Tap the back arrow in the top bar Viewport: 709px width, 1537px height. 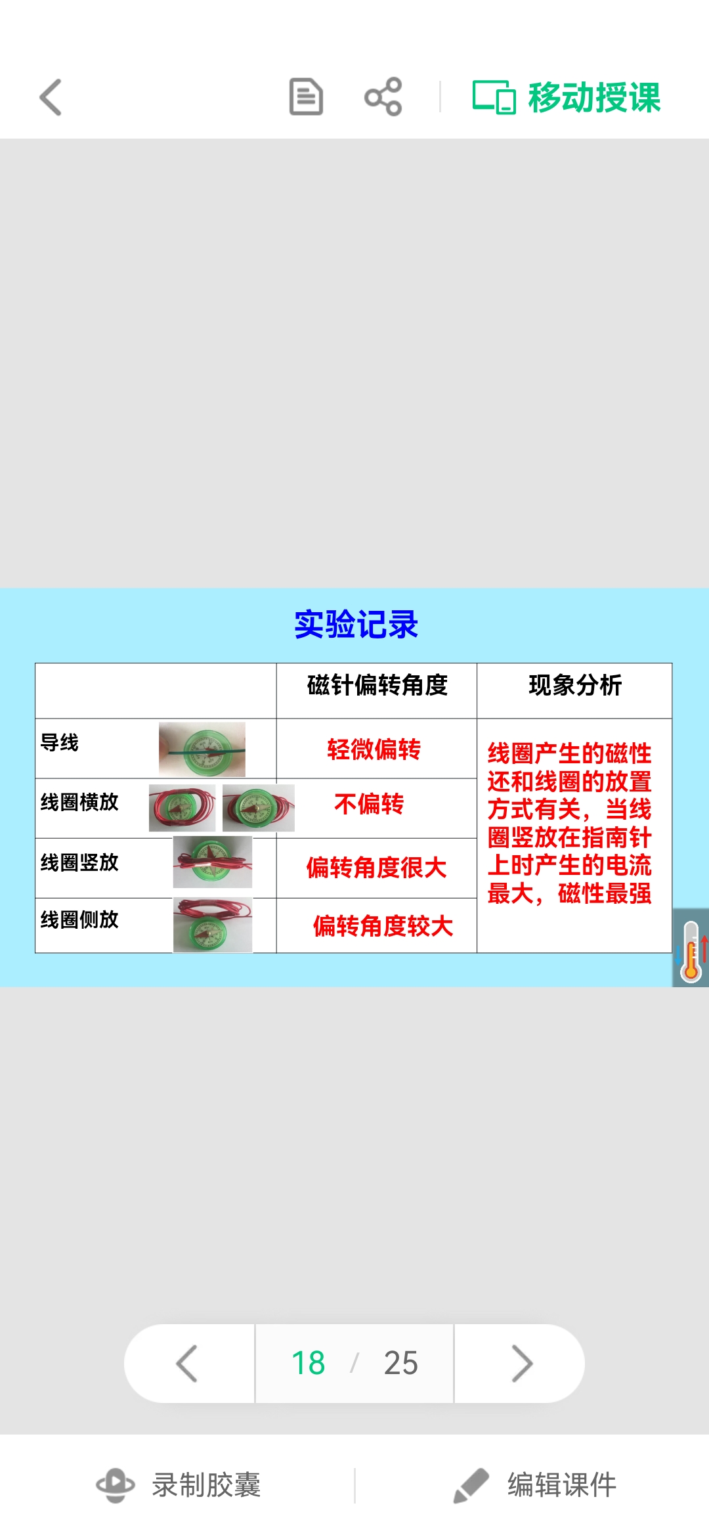click(51, 97)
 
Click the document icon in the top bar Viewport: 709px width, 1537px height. click(306, 97)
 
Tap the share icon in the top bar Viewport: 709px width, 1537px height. click(383, 97)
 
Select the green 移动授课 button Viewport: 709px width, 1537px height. click(567, 97)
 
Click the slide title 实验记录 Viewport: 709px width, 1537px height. click(356, 624)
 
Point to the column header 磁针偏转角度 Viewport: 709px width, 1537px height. click(377, 685)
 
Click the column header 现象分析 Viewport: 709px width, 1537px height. click(575, 685)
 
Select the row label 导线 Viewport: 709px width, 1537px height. click(60, 742)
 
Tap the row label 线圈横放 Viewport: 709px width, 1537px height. click(79, 801)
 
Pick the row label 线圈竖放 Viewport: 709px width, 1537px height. click(79, 862)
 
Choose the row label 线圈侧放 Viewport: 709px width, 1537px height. click(79, 920)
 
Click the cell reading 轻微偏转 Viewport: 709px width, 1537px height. click(374, 749)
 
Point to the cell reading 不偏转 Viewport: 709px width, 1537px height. click(369, 804)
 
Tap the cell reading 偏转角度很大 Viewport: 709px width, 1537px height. click(376, 868)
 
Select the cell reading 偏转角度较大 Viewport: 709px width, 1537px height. click(383, 926)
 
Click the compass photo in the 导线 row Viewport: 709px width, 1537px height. click(202, 749)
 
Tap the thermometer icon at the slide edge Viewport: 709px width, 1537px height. click(691, 948)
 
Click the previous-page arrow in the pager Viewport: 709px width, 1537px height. click(188, 1364)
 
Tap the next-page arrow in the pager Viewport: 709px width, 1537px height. click(521, 1364)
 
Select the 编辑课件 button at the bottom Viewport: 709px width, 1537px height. click(535, 1485)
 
